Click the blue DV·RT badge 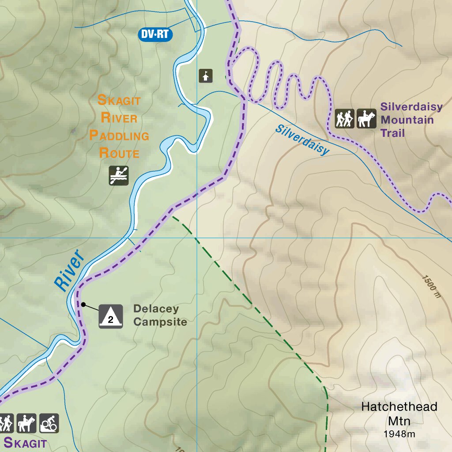(155, 34)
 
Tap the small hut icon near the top (206, 76)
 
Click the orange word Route (119, 153)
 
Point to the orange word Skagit (119, 100)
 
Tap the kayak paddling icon (119, 175)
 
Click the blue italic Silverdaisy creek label (302, 139)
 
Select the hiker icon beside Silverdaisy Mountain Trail (344, 119)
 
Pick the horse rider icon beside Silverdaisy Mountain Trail (366, 119)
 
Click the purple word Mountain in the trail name (407, 120)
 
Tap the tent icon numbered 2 (110, 316)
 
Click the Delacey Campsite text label (160, 315)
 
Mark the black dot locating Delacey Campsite (83, 304)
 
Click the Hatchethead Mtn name (399, 413)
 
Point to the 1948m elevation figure (399, 434)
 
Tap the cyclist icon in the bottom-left (49, 423)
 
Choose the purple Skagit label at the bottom (25, 442)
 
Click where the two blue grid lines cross (196, 238)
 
